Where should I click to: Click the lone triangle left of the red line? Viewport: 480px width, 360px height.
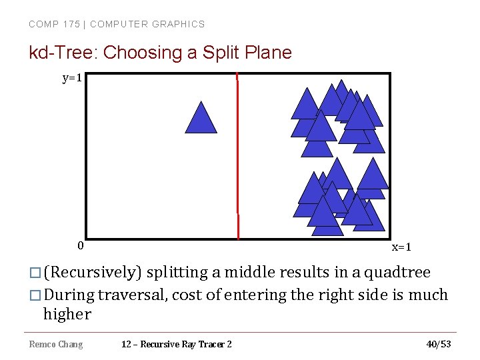point(201,119)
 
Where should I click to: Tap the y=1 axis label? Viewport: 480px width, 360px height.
point(72,79)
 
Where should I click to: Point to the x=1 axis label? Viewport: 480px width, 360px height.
point(401,247)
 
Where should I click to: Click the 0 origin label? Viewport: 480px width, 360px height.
point(80,245)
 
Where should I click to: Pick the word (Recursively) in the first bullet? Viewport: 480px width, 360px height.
point(93,273)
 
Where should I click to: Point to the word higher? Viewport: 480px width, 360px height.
point(67,314)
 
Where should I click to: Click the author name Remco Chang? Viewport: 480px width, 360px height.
point(56,344)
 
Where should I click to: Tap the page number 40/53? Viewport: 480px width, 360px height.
point(438,344)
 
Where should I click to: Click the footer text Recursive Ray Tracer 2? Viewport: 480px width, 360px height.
point(187,344)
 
